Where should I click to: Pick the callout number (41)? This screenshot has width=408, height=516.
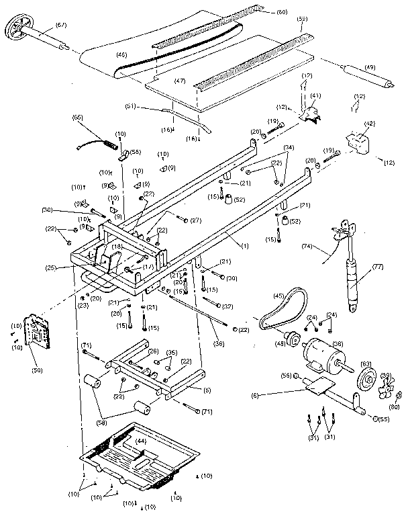click(x=315, y=96)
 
